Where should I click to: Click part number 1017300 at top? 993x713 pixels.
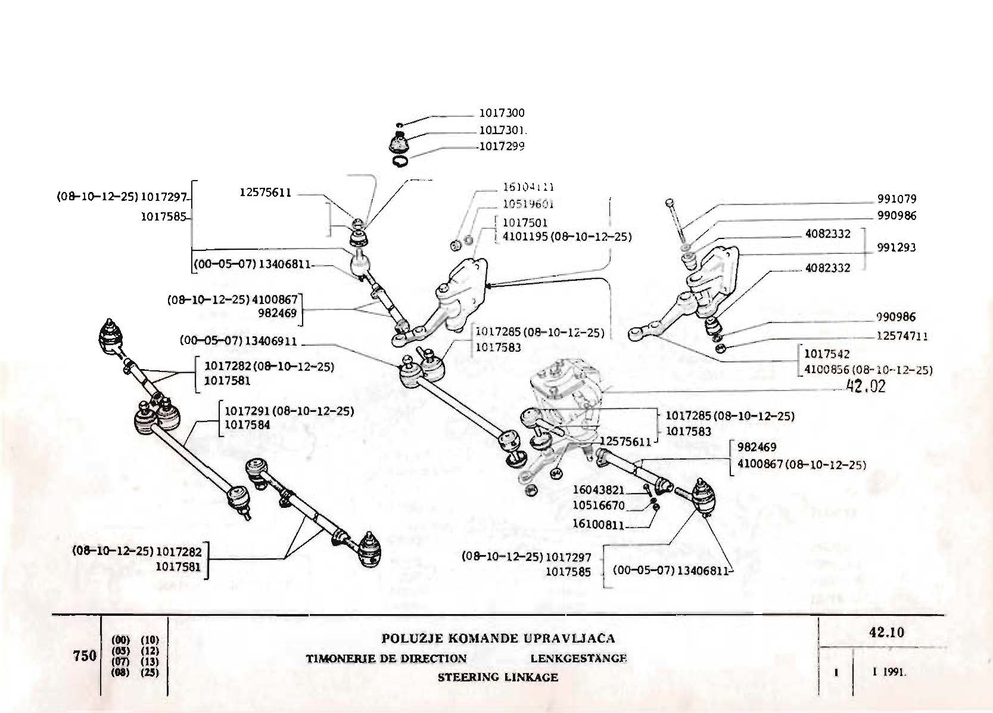click(502, 113)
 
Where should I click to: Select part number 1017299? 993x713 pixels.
click(502, 147)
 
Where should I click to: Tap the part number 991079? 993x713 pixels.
click(896, 199)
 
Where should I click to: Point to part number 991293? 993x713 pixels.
click(896, 247)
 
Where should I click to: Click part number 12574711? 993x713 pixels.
click(902, 336)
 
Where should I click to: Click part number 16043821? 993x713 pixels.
click(598, 490)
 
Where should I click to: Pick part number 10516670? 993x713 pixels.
click(598, 506)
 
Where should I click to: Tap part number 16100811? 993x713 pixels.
click(598, 525)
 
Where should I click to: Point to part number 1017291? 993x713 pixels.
click(248, 411)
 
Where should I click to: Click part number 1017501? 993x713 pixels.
click(525, 222)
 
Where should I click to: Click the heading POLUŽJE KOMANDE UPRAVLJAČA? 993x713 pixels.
click(497, 638)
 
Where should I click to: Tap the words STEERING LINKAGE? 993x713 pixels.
click(497, 677)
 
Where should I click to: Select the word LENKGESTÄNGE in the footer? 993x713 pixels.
click(578, 658)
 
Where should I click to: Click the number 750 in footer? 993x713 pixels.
click(84, 656)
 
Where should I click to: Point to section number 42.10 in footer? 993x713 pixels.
click(886, 632)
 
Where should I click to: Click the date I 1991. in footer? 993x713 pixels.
click(889, 672)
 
